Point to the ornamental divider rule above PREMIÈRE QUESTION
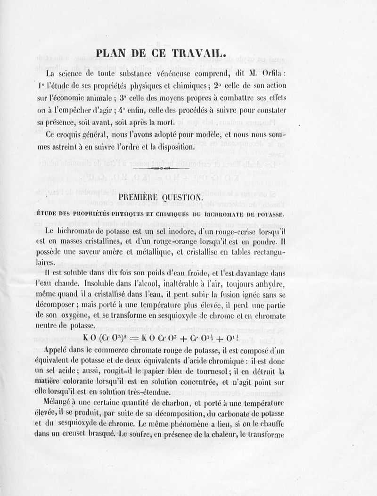coord(161,168)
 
